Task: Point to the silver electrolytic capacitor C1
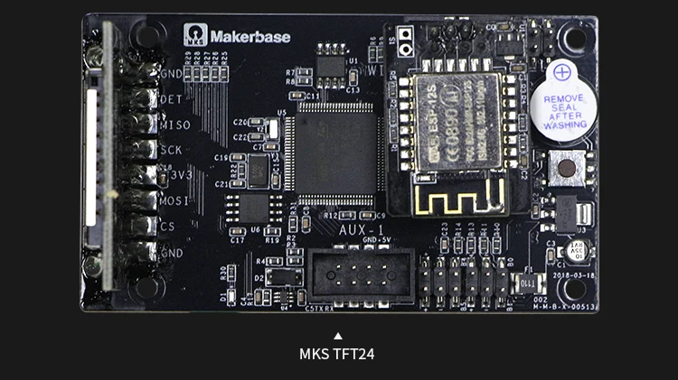[x=577, y=251]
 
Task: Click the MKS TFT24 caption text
[x=336, y=354]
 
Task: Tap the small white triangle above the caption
[x=337, y=336]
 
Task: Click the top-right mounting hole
[x=571, y=38]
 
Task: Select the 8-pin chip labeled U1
[x=330, y=68]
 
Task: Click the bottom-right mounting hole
[x=571, y=288]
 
